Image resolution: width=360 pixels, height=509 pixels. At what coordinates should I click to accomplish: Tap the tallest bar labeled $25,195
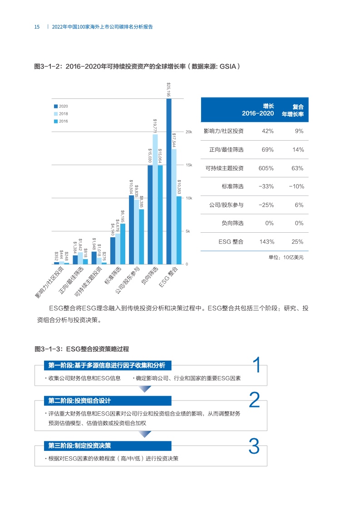169,181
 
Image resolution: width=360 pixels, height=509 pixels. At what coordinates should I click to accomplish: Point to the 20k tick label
190,132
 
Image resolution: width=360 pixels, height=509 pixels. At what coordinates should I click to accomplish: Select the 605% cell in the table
265,168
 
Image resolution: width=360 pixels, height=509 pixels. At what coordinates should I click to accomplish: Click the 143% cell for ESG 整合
265,241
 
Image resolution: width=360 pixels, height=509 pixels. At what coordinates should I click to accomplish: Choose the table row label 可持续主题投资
224,168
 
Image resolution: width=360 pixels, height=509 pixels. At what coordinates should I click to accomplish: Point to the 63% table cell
297,168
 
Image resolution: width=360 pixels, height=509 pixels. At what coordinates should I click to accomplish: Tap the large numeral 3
254,446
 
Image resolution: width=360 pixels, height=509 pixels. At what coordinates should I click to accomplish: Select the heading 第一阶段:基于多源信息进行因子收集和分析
107,366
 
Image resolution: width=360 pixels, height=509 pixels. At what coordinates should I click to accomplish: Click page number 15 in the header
37,27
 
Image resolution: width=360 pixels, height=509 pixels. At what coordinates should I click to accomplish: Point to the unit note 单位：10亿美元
286,257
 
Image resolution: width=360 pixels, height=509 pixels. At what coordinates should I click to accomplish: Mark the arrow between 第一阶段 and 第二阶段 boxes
144,389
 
